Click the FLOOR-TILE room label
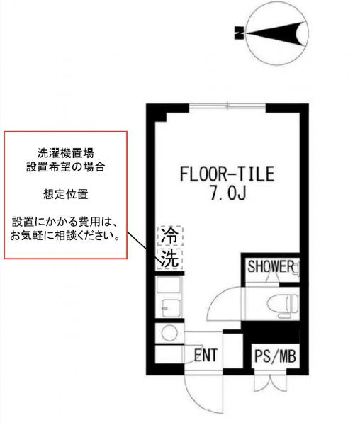coord(227,174)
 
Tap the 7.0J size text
coord(227,193)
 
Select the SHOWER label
coord(271,266)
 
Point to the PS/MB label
coord(275,356)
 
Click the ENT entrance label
coord(206,355)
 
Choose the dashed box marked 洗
coord(170,259)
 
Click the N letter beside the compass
coord(239,33)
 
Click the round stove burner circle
coord(169,333)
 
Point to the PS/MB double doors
coord(270,383)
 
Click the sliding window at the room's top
coord(227,106)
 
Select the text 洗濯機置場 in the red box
coord(66,153)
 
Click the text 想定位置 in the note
coord(66,194)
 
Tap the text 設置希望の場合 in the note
coord(66,166)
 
